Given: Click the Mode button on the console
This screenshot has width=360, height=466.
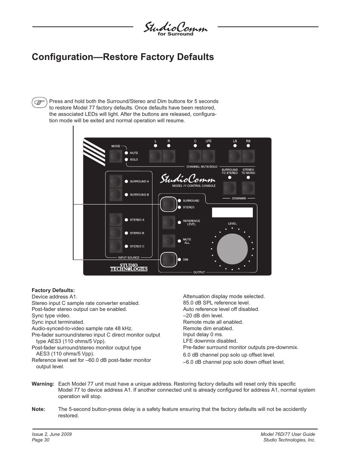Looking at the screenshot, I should pyautogui.click(x=116, y=156).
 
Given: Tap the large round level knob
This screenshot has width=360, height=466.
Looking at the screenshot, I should pyautogui.click(x=232, y=249).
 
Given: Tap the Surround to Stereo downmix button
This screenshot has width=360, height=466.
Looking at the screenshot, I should pyautogui.click(x=229, y=188).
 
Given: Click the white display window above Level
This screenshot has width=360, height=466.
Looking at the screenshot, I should pyautogui.click(x=232, y=212).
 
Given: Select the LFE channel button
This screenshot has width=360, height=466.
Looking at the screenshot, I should pyautogui.click(x=209, y=156).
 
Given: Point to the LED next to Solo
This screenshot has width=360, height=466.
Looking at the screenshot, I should pyautogui.click(x=126, y=160).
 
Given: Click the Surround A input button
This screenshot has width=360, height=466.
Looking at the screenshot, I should pyautogui.click(x=116, y=181).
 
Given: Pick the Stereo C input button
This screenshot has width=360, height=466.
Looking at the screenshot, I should pyautogui.click(x=116, y=246).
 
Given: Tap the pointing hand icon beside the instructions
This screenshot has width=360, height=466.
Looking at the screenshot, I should pyautogui.click(x=39, y=102).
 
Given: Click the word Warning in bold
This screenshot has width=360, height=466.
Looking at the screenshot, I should pyautogui.click(x=43, y=384).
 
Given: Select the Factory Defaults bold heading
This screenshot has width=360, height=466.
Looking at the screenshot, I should pyautogui.click(x=53, y=290).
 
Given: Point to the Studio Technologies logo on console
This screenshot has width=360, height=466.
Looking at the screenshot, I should pyautogui.click(x=129, y=267).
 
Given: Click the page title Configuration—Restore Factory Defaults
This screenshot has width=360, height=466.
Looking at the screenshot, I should pyautogui.click(x=123, y=57).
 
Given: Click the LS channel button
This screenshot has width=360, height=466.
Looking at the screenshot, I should pyautogui.click(x=235, y=156).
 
